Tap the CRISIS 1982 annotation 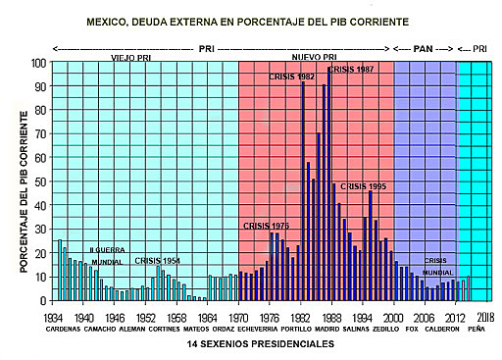click(x=292, y=77)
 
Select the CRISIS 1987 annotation click(x=351, y=70)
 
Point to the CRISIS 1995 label click(x=364, y=185)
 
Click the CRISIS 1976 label click(x=267, y=226)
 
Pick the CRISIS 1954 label click(x=158, y=261)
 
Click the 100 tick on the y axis click(x=38, y=62)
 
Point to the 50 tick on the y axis click(x=41, y=181)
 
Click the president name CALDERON click(x=441, y=330)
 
